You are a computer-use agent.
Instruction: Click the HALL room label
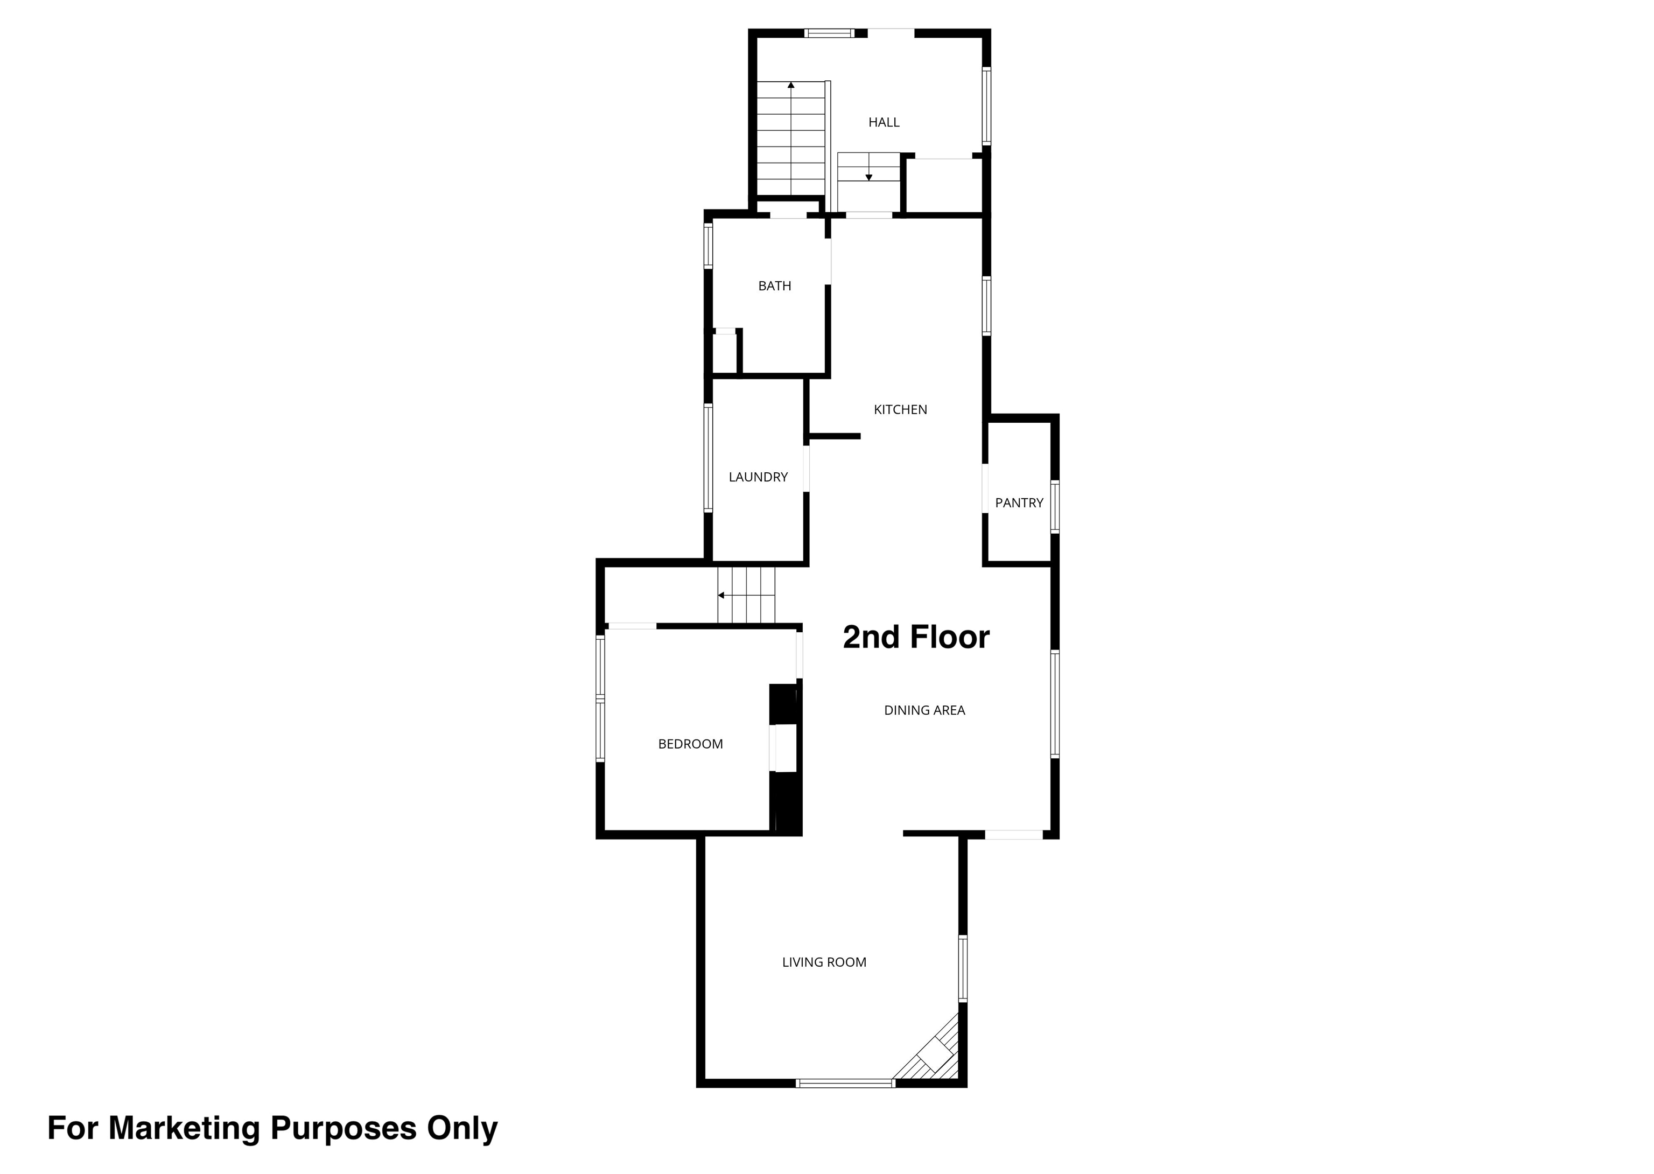click(884, 122)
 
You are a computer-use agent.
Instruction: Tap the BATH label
click(775, 286)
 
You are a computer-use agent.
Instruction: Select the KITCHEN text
click(900, 410)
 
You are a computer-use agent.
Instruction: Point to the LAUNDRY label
click(758, 477)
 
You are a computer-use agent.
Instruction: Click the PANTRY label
click(1019, 503)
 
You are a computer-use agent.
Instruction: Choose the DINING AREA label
click(924, 711)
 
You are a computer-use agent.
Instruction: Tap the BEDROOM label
click(690, 744)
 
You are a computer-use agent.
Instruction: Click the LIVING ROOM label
click(824, 962)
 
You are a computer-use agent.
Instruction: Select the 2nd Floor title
click(916, 637)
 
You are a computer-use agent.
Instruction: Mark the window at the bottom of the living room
click(845, 1083)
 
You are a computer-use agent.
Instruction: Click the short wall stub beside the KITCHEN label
click(835, 437)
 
